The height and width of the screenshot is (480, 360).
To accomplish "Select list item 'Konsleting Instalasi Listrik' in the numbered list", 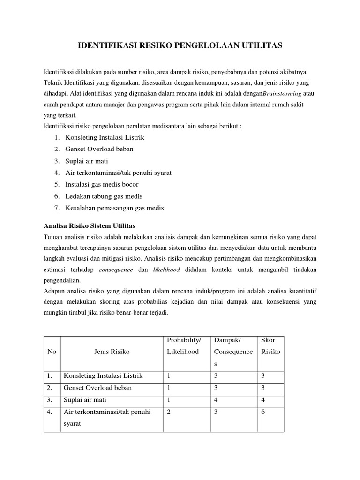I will (x=105, y=137).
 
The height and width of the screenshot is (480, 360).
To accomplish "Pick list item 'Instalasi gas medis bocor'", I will (x=102, y=184).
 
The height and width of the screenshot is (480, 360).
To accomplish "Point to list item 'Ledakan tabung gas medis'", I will (x=104, y=196).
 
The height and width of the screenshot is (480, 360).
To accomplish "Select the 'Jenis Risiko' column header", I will (x=112, y=351).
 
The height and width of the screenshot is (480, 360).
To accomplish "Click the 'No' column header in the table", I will (x=52, y=351).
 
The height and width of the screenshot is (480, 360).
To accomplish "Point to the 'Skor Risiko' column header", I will (x=270, y=345).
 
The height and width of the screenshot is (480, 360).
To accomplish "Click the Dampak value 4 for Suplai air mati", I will (x=216, y=399).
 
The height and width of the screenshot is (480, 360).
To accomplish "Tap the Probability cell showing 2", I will (x=169, y=411).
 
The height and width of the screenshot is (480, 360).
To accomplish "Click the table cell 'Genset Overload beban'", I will (x=97, y=388).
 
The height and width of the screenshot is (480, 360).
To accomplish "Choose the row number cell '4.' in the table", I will (x=50, y=411).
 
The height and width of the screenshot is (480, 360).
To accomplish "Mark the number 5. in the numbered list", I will (x=57, y=184).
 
